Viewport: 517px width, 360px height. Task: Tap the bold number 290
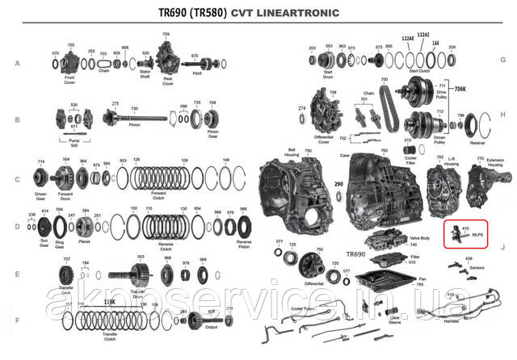(338, 185)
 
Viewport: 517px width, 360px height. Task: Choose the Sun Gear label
(37, 242)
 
